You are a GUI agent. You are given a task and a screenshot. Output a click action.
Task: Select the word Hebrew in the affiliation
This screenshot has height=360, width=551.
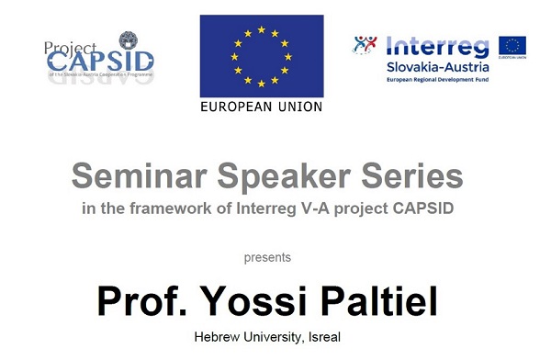[x=220, y=337]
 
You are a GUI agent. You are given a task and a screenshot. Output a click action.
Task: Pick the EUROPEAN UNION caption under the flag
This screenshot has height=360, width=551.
[x=262, y=106]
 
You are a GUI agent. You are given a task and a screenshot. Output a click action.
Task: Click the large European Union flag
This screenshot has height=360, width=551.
[x=262, y=54]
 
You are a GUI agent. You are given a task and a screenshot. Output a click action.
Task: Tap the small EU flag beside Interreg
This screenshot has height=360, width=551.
[x=512, y=47]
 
